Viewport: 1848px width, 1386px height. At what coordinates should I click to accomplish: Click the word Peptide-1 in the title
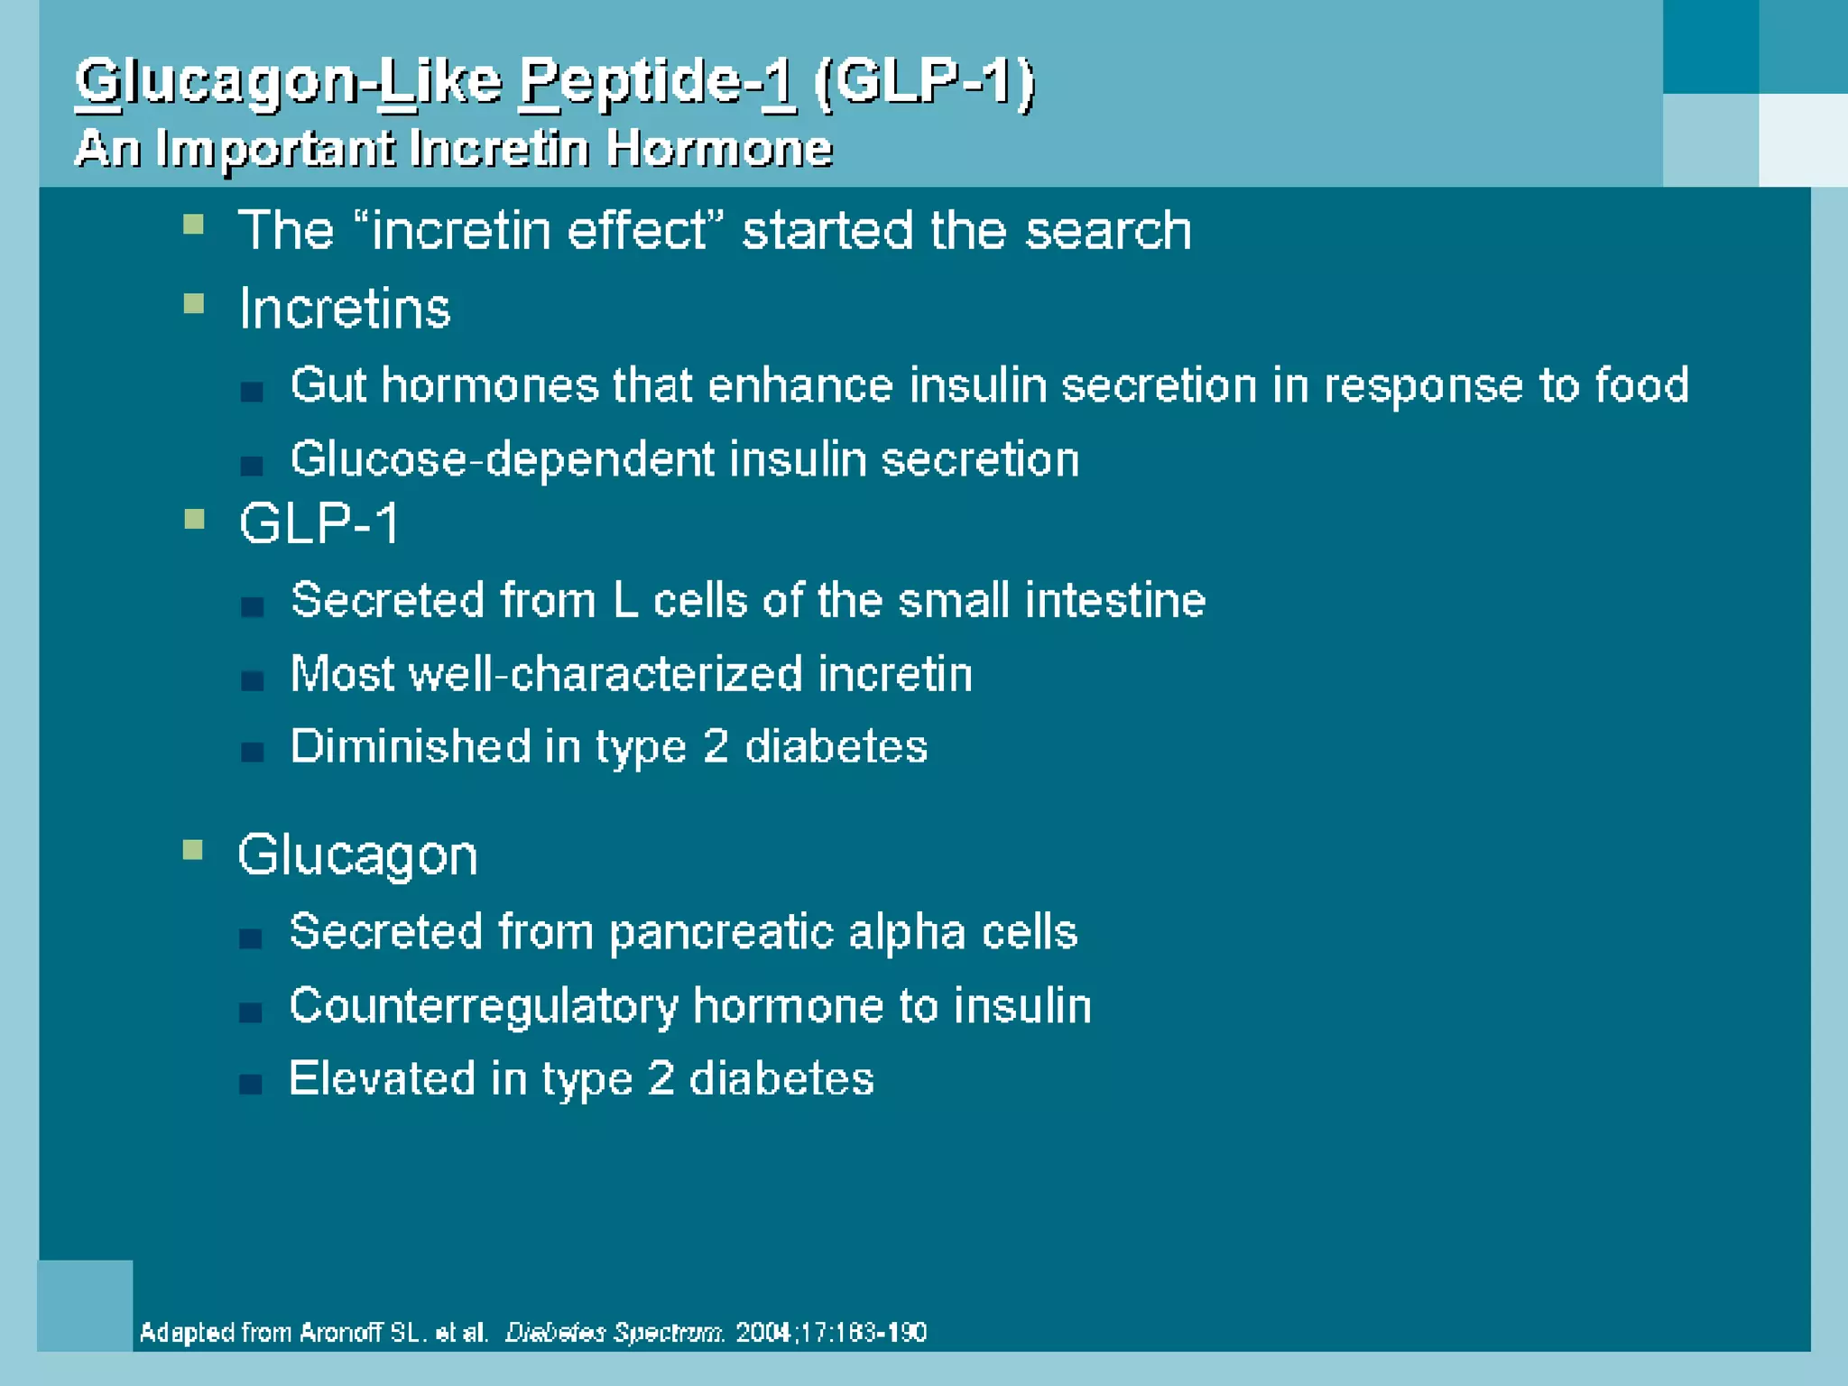[x=656, y=82]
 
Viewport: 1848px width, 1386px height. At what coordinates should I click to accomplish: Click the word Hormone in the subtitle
[x=718, y=148]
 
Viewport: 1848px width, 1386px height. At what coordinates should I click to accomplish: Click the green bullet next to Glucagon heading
[x=192, y=850]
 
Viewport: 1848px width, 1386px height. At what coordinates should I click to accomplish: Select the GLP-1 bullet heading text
[x=319, y=523]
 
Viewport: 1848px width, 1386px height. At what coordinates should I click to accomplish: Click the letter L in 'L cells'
[x=625, y=601]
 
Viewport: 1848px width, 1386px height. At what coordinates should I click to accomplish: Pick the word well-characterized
[x=605, y=674]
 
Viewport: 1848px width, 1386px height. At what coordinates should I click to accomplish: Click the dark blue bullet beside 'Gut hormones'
[x=252, y=392]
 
